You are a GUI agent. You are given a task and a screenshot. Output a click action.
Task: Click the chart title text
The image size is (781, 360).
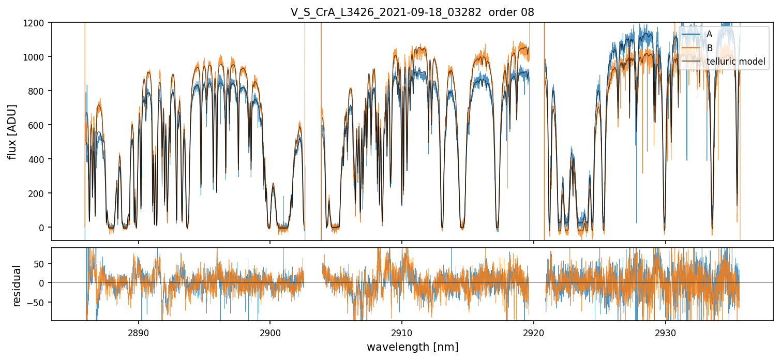(412, 12)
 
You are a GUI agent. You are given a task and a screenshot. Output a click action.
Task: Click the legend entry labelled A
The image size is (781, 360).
(709, 34)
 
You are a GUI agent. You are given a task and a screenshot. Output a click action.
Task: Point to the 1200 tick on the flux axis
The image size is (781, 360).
(37, 23)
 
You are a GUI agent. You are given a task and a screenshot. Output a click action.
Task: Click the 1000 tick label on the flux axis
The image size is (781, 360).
(37, 57)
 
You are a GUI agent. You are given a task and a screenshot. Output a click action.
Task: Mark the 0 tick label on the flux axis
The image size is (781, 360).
(43, 228)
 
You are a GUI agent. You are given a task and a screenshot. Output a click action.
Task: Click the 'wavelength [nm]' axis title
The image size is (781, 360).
(412, 347)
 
